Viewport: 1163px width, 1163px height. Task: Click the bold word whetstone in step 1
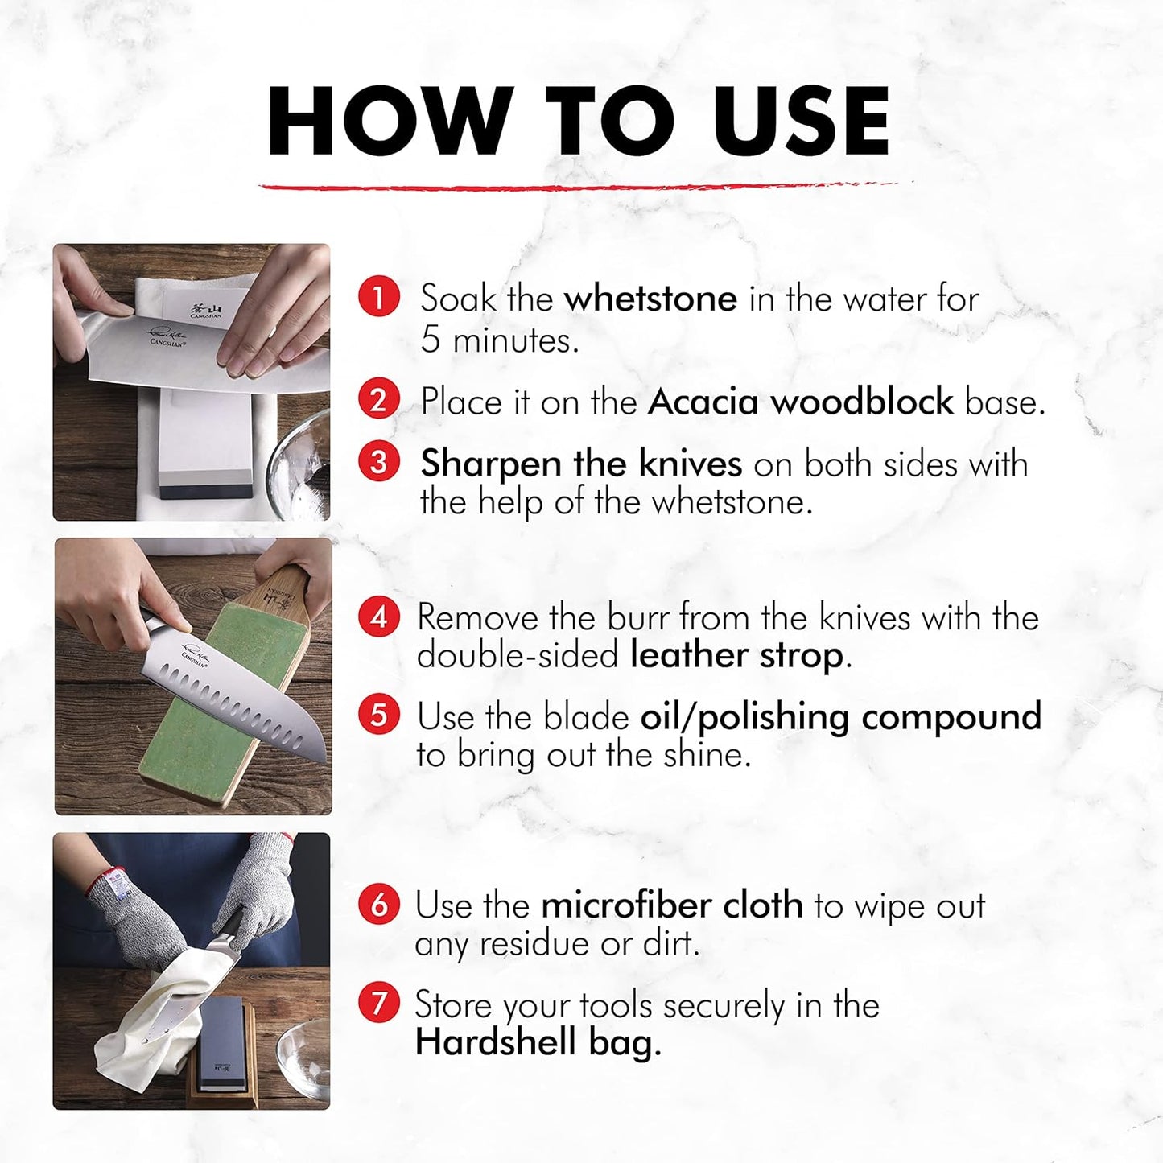650,298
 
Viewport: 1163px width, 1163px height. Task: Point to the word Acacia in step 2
703,402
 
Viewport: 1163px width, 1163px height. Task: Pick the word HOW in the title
390,122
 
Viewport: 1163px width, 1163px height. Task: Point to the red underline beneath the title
584,186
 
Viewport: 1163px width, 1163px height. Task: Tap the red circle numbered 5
378,715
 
